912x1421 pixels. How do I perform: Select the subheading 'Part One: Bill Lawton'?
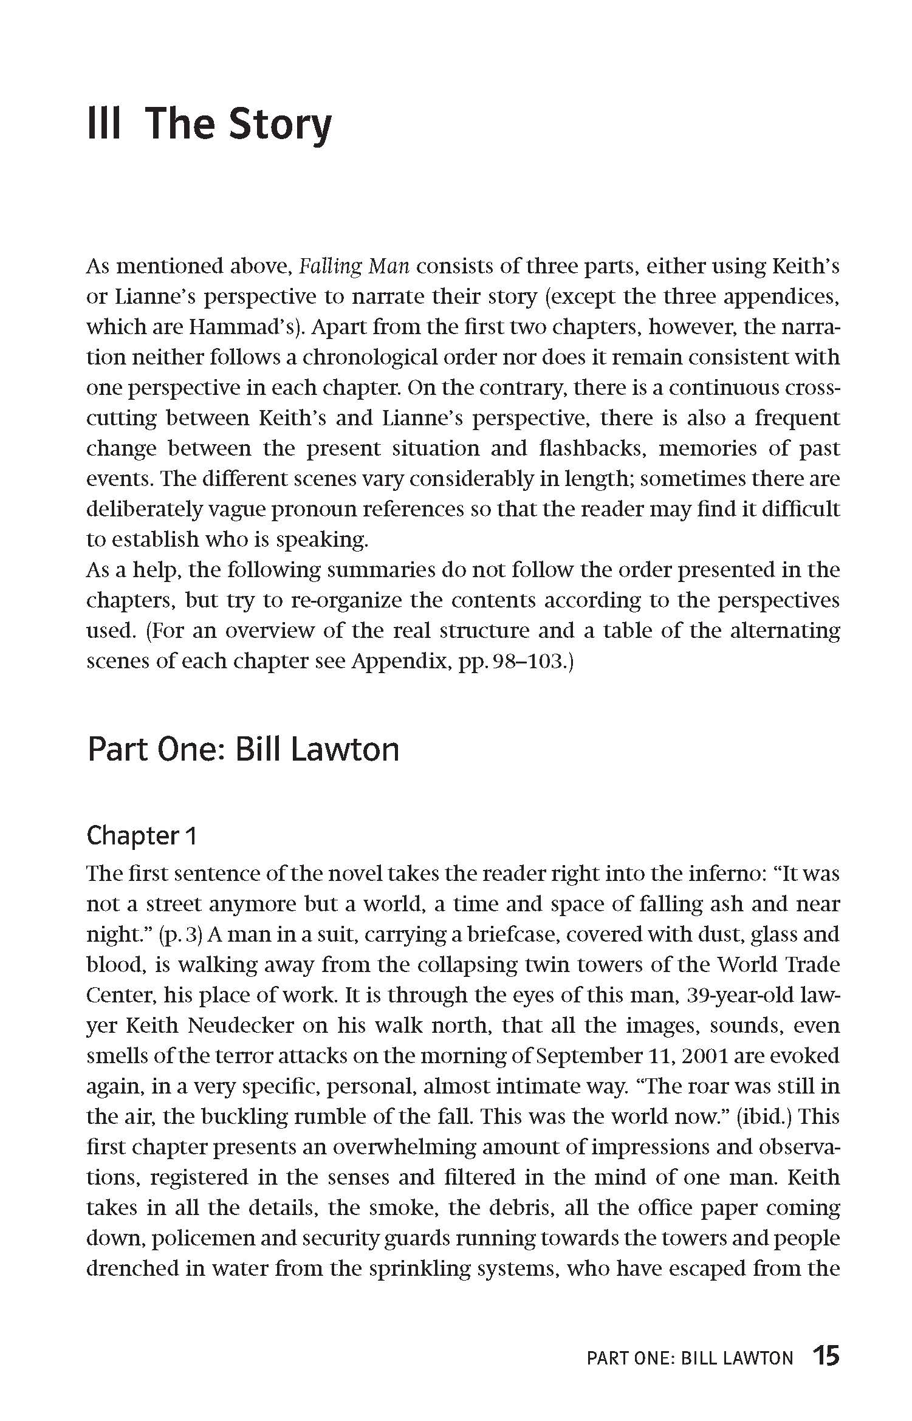click(x=243, y=749)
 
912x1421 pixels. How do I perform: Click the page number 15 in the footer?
click(x=826, y=1338)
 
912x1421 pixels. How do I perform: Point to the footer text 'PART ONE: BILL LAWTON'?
click(x=690, y=1341)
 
